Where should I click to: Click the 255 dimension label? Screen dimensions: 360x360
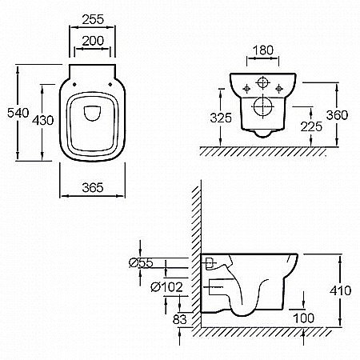click(93, 19)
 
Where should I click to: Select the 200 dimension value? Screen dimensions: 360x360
click(93, 41)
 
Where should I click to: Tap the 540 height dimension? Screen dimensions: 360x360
click(18, 113)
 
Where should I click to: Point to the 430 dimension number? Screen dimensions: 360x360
click(43, 120)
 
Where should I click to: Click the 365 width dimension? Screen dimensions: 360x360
click(93, 188)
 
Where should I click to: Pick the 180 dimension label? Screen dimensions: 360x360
click(263, 50)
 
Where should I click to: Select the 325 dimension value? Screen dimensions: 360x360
click(221, 118)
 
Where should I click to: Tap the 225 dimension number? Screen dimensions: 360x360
click(311, 126)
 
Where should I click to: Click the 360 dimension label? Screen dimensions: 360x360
click(337, 115)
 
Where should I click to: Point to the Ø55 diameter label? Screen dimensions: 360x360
click(141, 263)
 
